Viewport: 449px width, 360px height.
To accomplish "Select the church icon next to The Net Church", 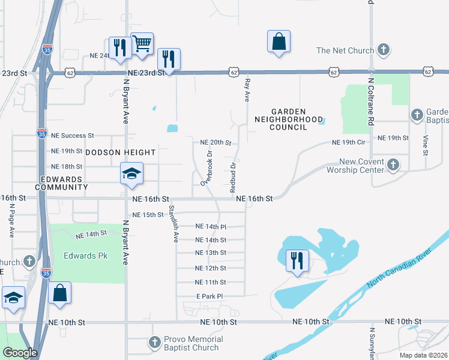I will [384, 51].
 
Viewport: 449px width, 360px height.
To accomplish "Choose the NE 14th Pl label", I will [211, 227].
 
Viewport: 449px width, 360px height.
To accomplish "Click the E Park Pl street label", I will [209, 296].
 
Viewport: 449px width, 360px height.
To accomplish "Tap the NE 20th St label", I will [215, 143].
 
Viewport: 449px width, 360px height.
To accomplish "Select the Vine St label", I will [426, 145].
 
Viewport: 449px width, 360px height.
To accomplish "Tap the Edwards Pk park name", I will [86, 256].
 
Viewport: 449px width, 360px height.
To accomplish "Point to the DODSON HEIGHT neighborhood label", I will [120, 153].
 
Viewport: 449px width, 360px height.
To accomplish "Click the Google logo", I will [19, 353].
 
